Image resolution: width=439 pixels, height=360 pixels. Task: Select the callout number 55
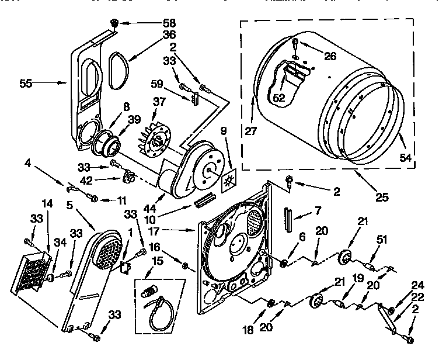pyautogui.click(x=26, y=84)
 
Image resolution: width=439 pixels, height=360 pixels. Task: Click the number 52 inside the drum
pyautogui.click(x=279, y=99)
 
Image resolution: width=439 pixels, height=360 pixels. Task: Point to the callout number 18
pyautogui.click(x=249, y=330)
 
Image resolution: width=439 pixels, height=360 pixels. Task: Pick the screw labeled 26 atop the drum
pyautogui.click(x=296, y=42)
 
